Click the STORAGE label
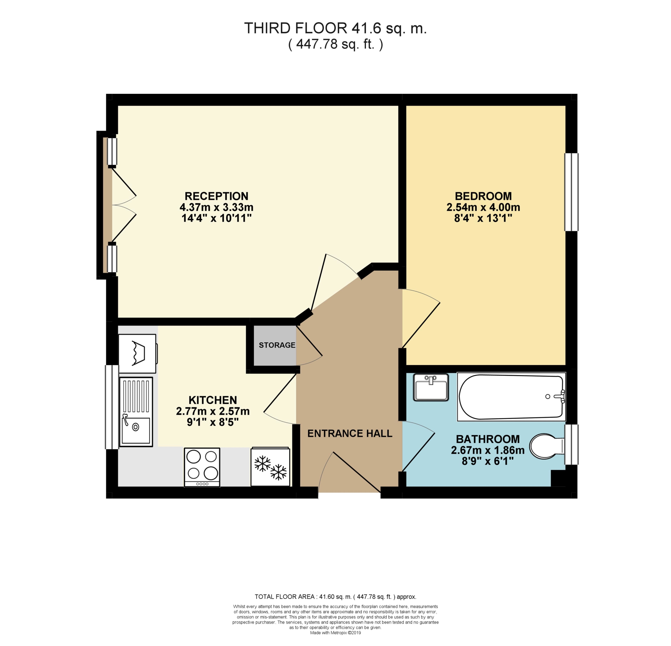[x=277, y=345]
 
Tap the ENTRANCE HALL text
[x=350, y=434]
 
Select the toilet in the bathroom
[x=546, y=447]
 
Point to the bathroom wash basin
[x=431, y=387]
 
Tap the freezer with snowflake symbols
[x=270, y=467]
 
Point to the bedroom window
[x=571, y=192]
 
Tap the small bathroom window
[x=571, y=445]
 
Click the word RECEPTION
[x=216, y=196]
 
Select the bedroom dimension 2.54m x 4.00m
[x=483, y=207]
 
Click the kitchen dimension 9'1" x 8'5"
[x=213, y=422]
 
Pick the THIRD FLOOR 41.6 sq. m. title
[x=335, y=28]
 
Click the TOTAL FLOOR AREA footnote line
[x=335, y=597]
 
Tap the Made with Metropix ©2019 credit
[x=335, y=633]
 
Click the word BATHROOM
[x=488, y=439]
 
